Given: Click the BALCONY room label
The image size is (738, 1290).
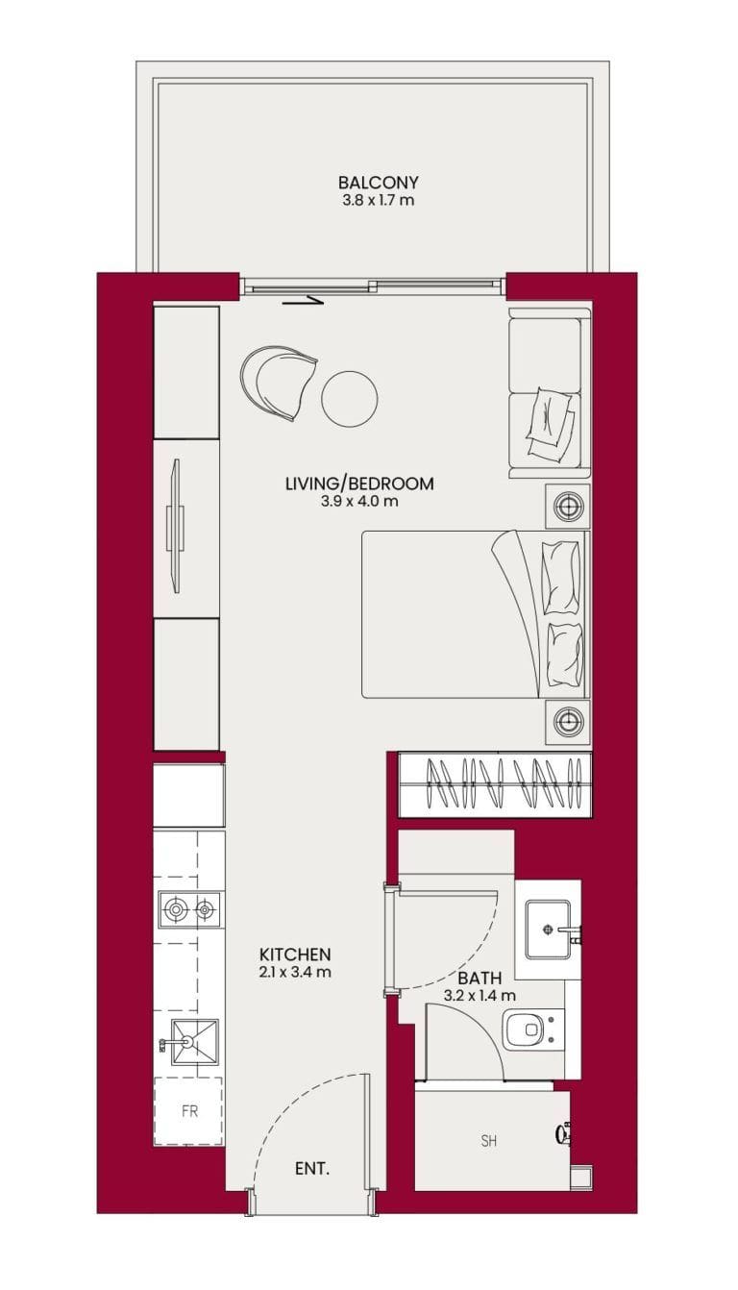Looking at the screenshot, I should click(x=378, y=183).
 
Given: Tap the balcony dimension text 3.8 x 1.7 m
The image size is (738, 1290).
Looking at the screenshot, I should click(x=378, y=201).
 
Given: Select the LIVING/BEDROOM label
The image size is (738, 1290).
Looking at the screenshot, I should click(x=358, y=484).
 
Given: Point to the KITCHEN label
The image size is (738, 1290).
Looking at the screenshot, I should click(x=295, y=955).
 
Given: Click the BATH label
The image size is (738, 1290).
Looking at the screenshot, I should click(x=480, y=978).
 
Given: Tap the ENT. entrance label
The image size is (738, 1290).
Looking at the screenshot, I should click(x=311, y=1169).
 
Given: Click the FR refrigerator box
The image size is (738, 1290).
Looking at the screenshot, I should click(x=189, y=1111).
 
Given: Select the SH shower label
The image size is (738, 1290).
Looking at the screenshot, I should click(x=488, y=1141).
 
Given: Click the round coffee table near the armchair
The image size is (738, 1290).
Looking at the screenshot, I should click(x=349, y=397).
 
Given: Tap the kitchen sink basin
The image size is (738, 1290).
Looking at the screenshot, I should click(x=194, y=1040).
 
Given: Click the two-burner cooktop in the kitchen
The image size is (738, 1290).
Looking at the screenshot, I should click(x=189, y=908).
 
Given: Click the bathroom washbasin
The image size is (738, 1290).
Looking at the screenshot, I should click(x=549, y=930).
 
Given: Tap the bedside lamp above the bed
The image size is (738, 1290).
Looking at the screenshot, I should click(x=568, y=507).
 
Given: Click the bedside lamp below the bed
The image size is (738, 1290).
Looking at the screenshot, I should click(x=568, y=720).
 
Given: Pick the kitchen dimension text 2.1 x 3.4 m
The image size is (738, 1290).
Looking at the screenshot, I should click(x=295, y=972).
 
